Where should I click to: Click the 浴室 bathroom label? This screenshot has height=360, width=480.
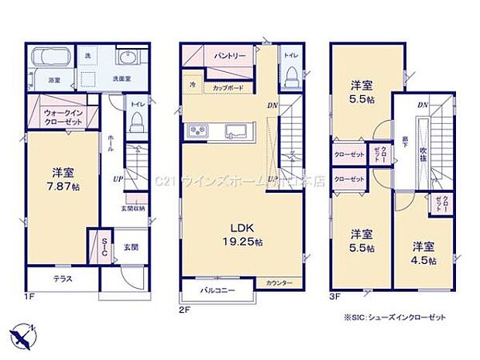pyautogui.click(x=55, y=80)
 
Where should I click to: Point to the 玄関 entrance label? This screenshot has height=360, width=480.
pyautogui.click(x=130, y=248)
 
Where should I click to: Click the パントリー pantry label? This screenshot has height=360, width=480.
pyautogui.click(x=229, y=57)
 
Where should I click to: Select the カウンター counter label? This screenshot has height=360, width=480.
pyautogui.click(x=279, y=283)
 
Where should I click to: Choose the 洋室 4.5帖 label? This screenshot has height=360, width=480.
pyautogui.click(x=423, y=252)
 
